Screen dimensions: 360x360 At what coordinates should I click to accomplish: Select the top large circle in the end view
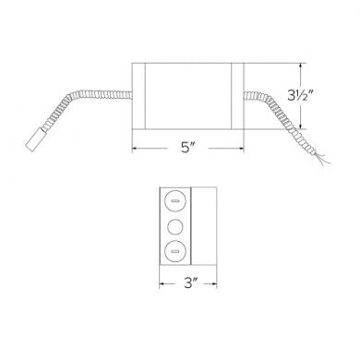point(173,200)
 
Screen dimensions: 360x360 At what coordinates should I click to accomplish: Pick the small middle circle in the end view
point(173,224)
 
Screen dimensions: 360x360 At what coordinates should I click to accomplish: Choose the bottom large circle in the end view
point(173,248)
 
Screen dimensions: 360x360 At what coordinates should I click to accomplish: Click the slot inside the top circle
point(173,200)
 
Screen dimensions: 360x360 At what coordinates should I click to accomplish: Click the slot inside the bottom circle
point(173,248)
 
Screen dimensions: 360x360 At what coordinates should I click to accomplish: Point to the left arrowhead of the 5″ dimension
point(136,146)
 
